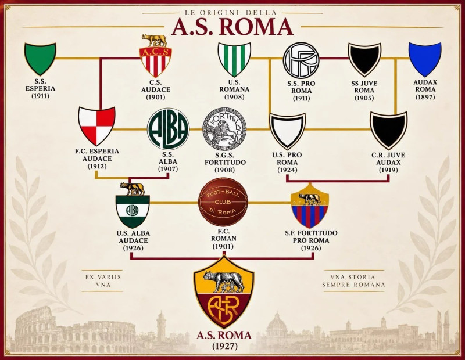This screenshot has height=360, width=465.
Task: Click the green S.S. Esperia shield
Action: pos(40,59)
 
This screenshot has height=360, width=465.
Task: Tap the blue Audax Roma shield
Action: pos(425,59)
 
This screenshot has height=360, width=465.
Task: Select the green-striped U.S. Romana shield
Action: pos(234,59)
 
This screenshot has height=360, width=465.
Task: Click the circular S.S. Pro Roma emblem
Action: pos(301,60)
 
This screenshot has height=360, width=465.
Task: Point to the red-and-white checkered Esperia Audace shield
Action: pos(96,126)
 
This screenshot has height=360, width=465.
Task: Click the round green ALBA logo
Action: pos(168,128)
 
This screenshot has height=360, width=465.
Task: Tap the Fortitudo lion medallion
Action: pos(224,129)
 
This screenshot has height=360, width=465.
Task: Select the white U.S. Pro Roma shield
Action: pos(287,131)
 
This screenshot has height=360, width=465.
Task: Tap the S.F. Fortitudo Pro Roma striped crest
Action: pos(310,206)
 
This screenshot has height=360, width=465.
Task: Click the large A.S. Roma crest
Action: pos(224,291)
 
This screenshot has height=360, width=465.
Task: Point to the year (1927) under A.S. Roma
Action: pos(225,346)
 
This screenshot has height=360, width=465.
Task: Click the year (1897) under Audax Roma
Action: pos(425,97)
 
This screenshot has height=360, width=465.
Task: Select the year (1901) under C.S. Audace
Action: pos(156,97)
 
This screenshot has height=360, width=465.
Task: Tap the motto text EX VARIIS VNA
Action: pos(103,280)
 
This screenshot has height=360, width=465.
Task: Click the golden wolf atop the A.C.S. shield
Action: pos(154,40)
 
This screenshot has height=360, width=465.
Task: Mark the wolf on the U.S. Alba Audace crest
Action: pos(133,189)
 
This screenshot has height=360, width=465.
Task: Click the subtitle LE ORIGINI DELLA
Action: pos(231,12)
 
